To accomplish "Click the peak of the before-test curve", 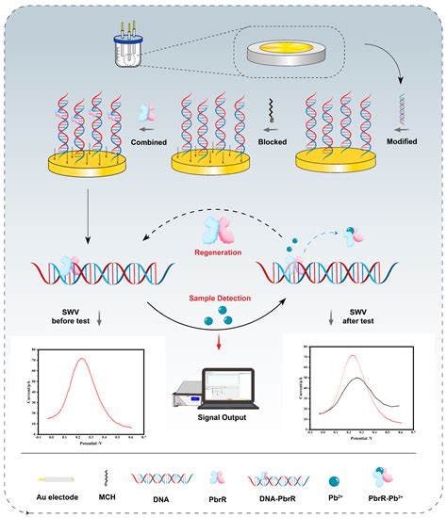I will pyautogui.click(x=83, y=359).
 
